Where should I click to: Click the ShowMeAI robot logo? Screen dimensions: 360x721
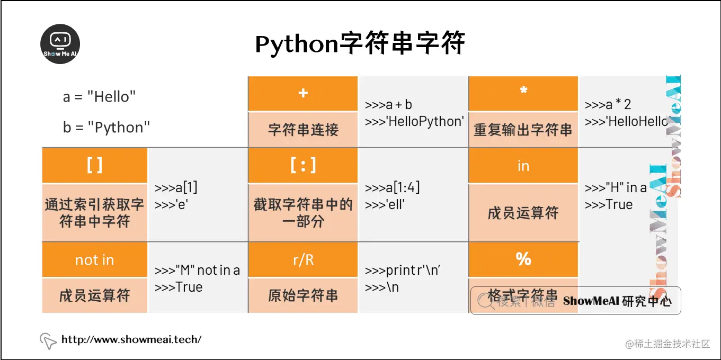pyautogui.click(x=60, y=43)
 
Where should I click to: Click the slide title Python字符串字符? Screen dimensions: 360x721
pyautogui.click(x=360, y=44)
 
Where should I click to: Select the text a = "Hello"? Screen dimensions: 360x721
pyautogui.click(x=100, y=97)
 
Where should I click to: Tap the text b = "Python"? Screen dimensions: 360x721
pyautogui.click(x=106, y=128)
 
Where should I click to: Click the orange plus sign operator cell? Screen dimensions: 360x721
pyautogui.click(x=303, y=93)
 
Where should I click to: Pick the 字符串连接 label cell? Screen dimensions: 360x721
pyautogui.click(x=303, y=130)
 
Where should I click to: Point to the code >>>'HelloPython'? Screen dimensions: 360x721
pyautogui.click(x=414, y=121)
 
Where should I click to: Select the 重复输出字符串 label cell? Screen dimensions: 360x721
pyautogui.click(x=523, y=130)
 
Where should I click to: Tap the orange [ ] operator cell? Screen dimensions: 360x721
pyautogui.click(x=94, y=166)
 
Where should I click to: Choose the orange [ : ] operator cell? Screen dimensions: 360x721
pyautogui.click(x=303, y=166)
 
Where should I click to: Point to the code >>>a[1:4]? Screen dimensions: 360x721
pyautogui.click(x=392, y=188)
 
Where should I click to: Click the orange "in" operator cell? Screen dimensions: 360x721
pyautogui.click(x=523, y=166)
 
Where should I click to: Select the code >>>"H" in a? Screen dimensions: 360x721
pyautogui.click(x=616, y=188)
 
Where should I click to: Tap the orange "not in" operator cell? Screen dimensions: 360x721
pyautogui.click(x=94, y=260)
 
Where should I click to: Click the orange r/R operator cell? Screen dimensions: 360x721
pyautogui.click(x=303, y=260)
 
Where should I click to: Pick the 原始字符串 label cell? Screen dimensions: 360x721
pyautogui.click(x=303, y=295)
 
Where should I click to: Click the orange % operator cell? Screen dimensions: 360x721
pyautogui.click(x=523, y=259)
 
